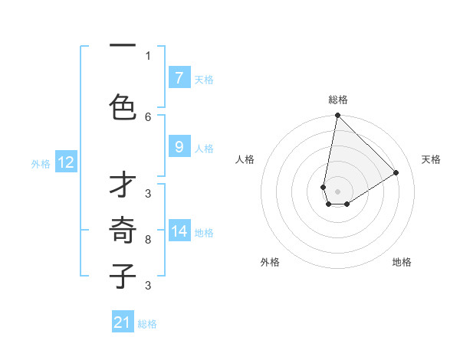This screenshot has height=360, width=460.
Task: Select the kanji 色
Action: (x=123, y=106)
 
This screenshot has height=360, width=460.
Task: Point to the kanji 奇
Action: (x=123, y=230)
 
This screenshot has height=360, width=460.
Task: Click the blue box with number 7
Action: (x=179, y=78)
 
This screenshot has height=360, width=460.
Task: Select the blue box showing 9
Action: (x=179, y=147)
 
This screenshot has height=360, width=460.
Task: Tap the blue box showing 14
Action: (x=179, y=231)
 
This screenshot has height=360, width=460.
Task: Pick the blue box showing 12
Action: (x=65, y=162)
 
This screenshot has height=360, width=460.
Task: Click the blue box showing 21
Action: (x=122, y=323)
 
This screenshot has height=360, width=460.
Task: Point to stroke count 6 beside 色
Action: (x=148, y=116)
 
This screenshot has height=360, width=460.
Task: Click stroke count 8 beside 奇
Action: (x=148, y=240)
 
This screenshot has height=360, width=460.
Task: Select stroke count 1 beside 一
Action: (x=148, y=56)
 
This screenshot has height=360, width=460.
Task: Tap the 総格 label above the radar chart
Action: (x=338, y=100)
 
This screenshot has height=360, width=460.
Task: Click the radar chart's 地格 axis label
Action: (x=402, y=262)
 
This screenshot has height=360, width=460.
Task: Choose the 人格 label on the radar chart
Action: (x=245, y=159)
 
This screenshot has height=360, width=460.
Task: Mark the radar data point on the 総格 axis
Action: (x=337, y=116)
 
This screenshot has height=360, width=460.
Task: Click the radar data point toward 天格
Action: (x=396, y=173)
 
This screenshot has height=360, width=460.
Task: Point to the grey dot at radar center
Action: (x=337, y=191)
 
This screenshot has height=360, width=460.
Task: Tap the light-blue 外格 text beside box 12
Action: (x=41, y=163)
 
